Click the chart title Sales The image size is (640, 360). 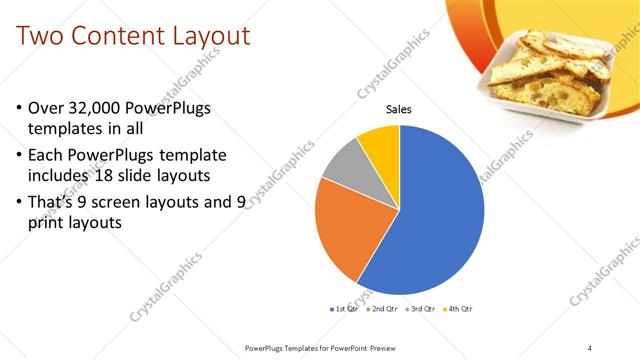coord(399,110)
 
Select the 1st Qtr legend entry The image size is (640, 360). coord(345,309)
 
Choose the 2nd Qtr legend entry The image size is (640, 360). coord(386,309)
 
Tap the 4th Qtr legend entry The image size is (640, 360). coord(459,309)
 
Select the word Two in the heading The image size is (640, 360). coord(42,38)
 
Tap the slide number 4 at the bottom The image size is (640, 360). coord(589,347)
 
